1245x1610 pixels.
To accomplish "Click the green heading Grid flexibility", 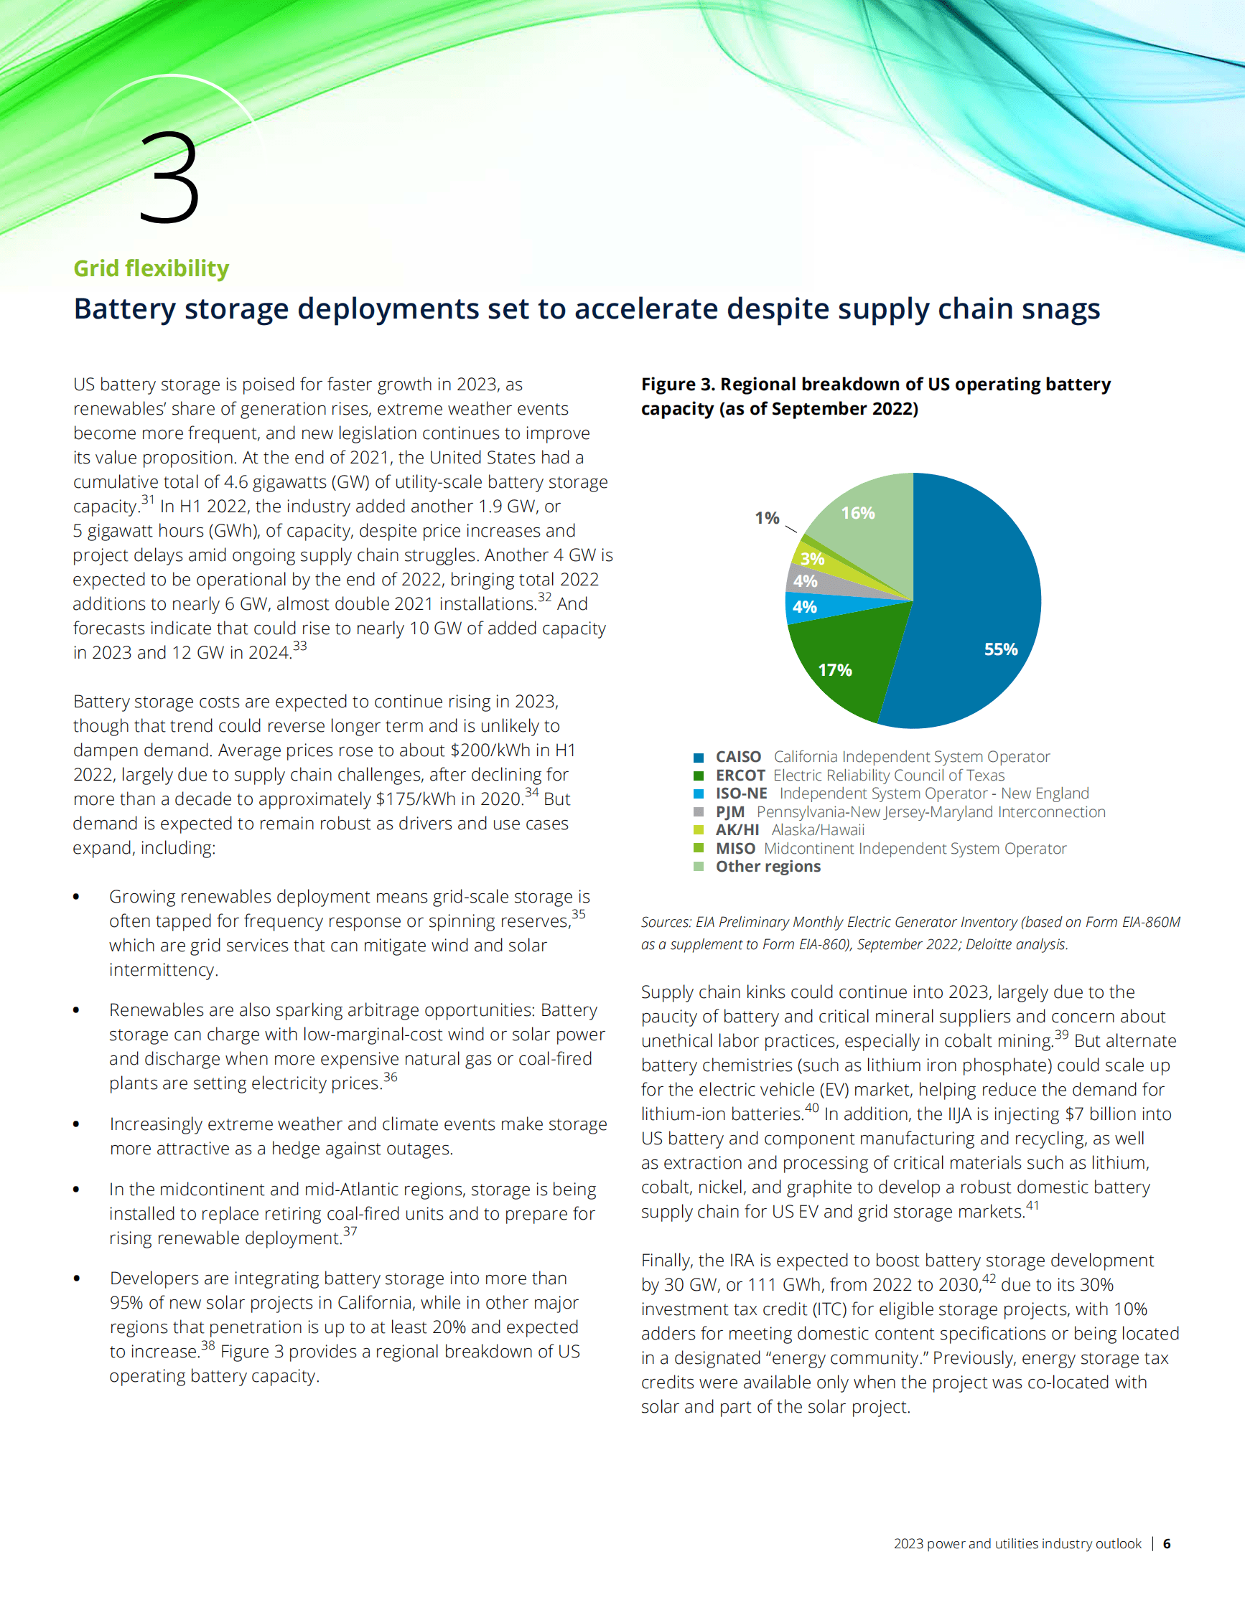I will [x=151, y=268].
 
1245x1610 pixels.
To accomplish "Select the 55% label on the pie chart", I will [x=1000, y=649].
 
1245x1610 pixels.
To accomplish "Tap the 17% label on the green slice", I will [x=835, y=670].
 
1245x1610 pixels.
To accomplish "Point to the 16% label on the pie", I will [x=858, y=513].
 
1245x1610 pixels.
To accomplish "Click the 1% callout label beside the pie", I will [x=767, y=518].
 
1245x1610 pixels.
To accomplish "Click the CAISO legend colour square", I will [x=699, y=758].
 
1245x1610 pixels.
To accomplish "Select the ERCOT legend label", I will [x=740, y=776].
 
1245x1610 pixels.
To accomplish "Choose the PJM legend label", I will [x=729, y=812].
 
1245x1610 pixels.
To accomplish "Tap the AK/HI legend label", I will [x=737, y=830].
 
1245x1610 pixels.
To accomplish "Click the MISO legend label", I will [x=735, y=849].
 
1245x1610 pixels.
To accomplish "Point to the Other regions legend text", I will [x=768, y=867].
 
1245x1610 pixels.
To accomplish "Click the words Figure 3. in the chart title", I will [x=678, y=385].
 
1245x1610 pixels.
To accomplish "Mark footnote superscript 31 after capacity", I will [x=148, y=500].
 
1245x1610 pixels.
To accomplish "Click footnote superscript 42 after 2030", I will [x=989, y=1279].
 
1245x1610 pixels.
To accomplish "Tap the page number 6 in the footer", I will [x=1167, y=1544].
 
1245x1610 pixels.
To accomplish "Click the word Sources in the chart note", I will [x=664, y=922].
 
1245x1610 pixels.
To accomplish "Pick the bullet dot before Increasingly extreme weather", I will [x=76, y=1124].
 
